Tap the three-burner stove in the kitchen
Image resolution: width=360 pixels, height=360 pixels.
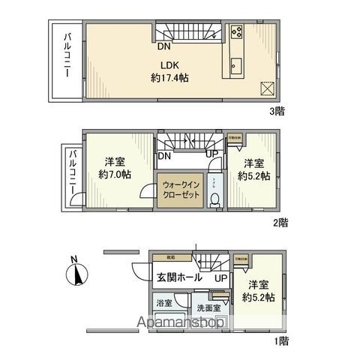click(x=236, y=32)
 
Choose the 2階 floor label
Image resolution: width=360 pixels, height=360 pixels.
click(x=280, y=223)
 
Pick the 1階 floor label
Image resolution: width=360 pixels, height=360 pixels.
click(x=280, y=341)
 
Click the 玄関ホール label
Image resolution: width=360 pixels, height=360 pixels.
click(x=178, y=277)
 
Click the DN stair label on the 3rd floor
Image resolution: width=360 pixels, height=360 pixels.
click(x=163, y=45)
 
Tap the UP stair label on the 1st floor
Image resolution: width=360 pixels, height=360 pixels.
click(x=221, y=278)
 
